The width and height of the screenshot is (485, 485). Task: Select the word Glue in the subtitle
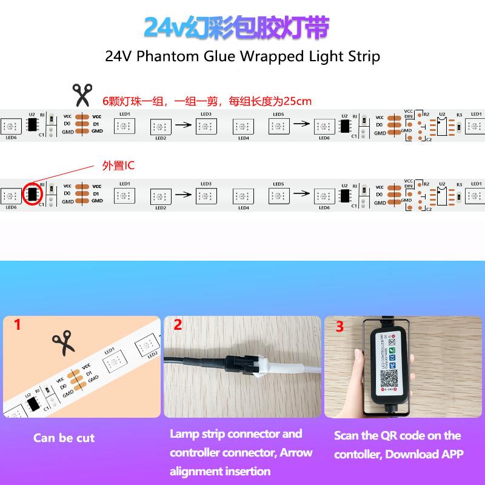pos(226,57)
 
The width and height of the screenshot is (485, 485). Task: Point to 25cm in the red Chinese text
pos(299,101)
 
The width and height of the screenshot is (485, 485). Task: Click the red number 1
pos(17,325)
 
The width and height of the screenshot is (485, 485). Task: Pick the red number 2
pos(178,325)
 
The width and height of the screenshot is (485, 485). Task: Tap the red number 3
pos(339,327)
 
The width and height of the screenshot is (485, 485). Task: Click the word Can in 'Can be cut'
pos(45,438)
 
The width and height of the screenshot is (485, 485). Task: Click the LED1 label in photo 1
pos(110,350)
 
